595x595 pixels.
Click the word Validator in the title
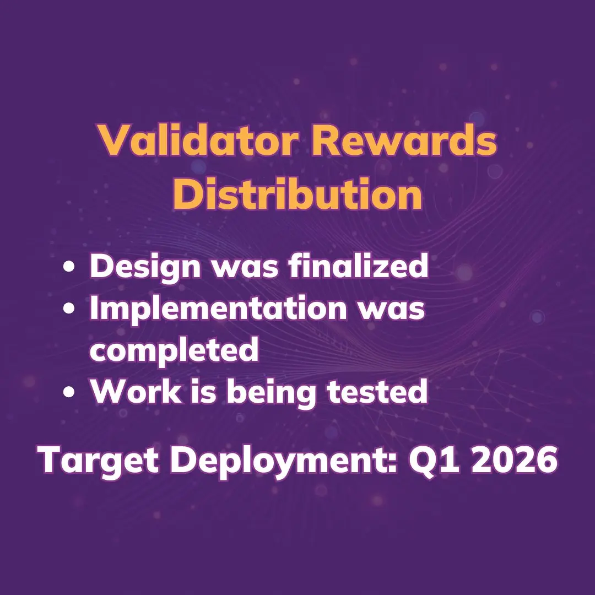pyautogui.click(x=198, y=139)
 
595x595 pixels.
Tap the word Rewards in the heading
pyautogui.click(x=404, y=139)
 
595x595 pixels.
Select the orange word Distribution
pyautogui.click(x=297, y=193)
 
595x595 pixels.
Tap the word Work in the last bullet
pyautogui.click(x=136, y=391)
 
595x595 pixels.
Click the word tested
pyautogui.click(x=378, y=391)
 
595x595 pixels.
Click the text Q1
pyautogui.click(x=436, y=460)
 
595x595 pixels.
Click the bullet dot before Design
pyautogui.click(x=69, y=267)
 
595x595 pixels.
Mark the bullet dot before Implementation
pyautogui.click(x=69, y=308)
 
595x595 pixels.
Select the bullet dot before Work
pyautogui.click(x=69, y=392)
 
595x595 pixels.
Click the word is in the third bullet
pyautogui.click(x=204, y=391)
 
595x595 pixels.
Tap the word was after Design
pyautogui.click(x=245, y=268)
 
